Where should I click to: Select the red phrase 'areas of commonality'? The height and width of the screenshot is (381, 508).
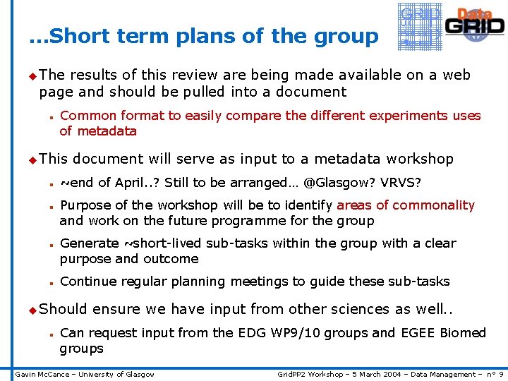[406, 205]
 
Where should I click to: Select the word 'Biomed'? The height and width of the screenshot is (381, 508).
[462, 332]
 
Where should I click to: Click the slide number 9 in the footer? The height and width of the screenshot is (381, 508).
[500, 374]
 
